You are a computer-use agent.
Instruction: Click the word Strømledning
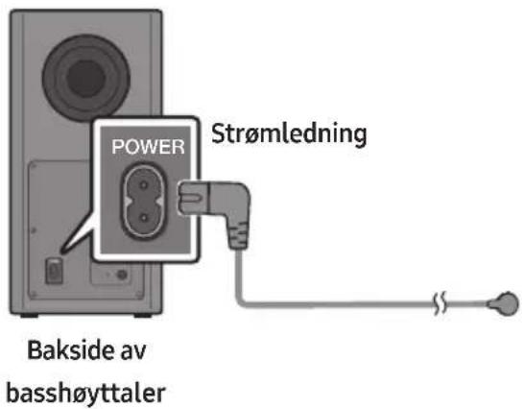[x=289, y=134]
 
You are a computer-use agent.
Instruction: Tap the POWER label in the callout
[x=148, y=147]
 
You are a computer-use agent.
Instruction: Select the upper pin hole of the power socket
[x=144, y=185]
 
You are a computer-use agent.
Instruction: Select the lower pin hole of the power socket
[x=144, y=218]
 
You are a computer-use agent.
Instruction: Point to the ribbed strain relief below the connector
[x=238, y=236]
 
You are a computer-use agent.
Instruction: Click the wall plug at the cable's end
[x=503, y=303]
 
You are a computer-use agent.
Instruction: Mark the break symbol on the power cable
[x=441, y=303]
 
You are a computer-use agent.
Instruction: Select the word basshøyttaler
[x=85, y=394]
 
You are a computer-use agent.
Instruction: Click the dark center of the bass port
[x=86, y=79]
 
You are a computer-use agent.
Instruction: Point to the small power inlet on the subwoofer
[x=54, y=271]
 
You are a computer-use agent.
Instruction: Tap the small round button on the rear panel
[x=122, y=275]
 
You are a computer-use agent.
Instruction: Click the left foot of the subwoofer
[x=29, y=315]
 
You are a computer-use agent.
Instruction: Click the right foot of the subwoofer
[x=143, y=315]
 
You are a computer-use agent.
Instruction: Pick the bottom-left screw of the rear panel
[x=33, y=295]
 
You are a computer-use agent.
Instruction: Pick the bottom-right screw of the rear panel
[x=139, y=295]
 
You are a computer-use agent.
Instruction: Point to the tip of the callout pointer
[x=62, y=251]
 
